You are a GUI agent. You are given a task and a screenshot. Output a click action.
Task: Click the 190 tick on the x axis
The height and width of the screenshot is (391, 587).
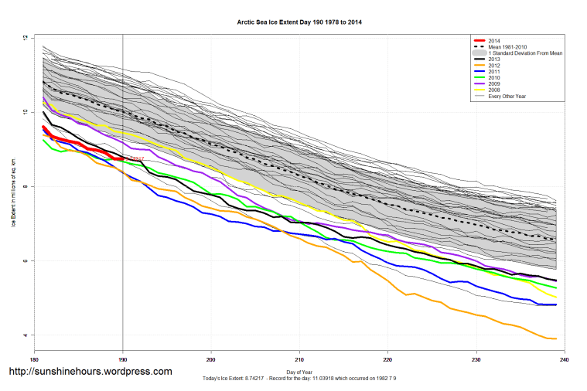point(122,360)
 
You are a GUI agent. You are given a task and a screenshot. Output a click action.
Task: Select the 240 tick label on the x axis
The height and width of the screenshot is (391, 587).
point(564,360)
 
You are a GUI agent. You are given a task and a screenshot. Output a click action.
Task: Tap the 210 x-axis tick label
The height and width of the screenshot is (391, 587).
point(299,360)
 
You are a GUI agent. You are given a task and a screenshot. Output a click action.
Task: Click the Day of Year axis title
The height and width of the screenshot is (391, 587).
point(299,372)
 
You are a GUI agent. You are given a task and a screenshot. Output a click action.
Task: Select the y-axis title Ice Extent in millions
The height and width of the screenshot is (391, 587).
point(14,186)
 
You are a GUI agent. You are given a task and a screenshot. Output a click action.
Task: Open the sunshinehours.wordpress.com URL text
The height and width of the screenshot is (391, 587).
point(90,372)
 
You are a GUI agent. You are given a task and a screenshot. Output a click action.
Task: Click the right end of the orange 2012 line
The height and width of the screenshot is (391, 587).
point(557,338)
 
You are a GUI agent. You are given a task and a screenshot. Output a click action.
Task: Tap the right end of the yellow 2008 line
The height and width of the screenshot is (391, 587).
point(557,297)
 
